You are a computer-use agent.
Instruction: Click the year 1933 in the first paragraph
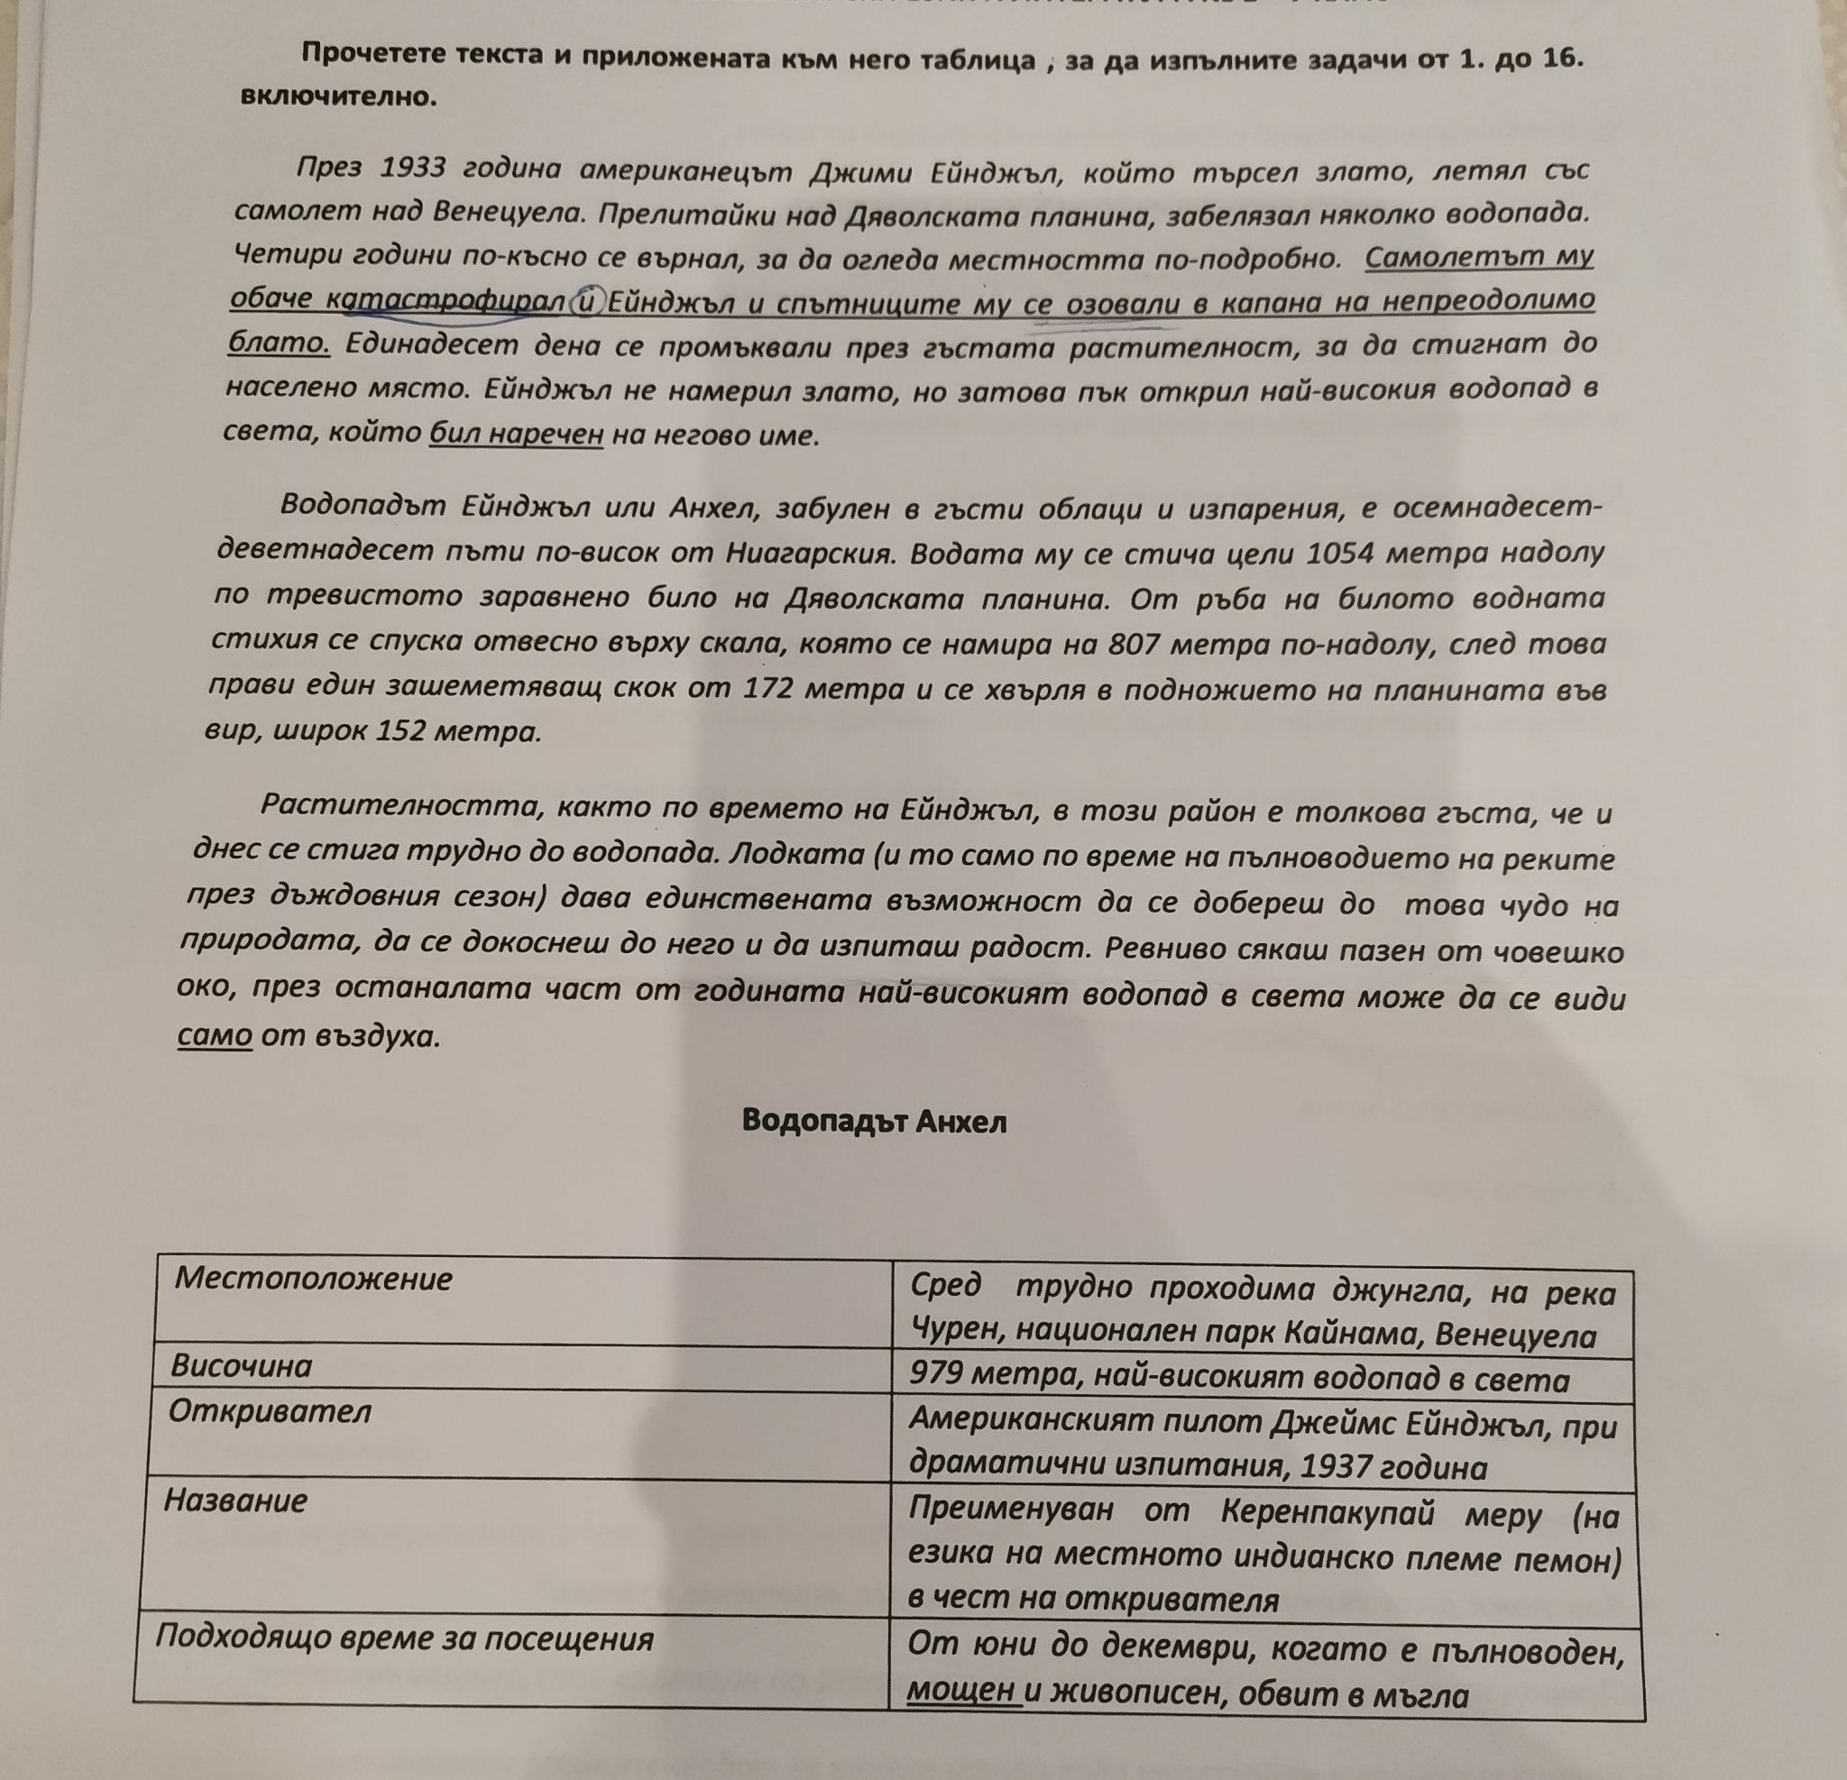413,168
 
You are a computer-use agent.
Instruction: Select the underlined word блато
279,343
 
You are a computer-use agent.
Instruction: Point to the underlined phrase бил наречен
516,434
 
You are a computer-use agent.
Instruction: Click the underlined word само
215,1036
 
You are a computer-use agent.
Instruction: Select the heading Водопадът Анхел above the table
874,1121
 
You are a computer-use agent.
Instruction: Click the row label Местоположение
313,1279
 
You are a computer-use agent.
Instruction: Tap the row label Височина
241,1366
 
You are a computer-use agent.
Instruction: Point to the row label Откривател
270,1411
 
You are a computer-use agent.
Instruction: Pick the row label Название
235,1500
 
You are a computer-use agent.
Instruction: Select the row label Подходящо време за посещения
404,1638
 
